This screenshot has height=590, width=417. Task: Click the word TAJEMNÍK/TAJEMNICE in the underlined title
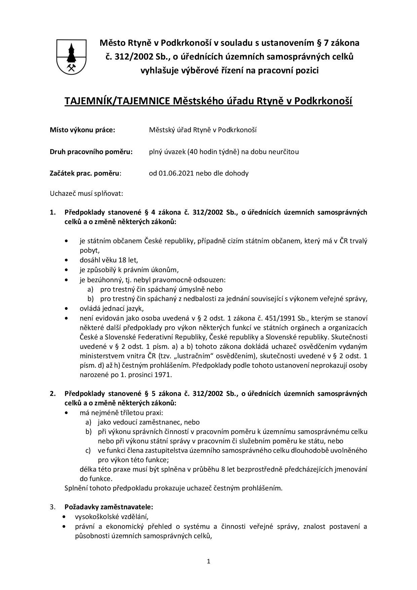[117, 101]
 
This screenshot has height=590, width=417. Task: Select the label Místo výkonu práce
[82, 130]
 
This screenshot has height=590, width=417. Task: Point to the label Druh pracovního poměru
[91, 152]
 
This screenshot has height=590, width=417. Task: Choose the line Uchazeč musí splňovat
[86, 193]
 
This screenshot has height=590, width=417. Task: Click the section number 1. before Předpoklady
[52, 212]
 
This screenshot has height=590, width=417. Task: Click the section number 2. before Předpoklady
[52, 394]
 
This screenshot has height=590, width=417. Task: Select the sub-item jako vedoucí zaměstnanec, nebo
[149, 422]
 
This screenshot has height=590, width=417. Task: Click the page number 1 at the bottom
[208, 561]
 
